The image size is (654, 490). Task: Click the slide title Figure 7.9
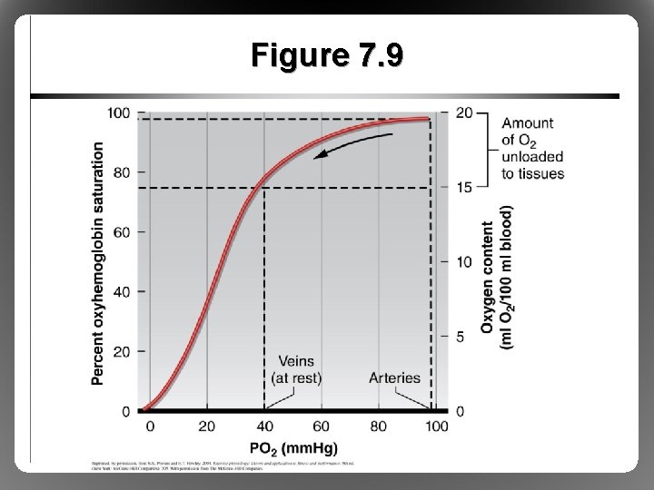(328, 57)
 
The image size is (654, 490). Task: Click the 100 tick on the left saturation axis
(119, 113)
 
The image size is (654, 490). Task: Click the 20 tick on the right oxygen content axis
(463, 113)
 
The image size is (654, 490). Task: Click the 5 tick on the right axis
(461, 337)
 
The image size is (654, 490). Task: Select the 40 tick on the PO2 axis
(264, 426)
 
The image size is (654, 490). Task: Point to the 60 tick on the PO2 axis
(322, 426)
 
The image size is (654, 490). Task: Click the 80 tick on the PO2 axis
(379, 426)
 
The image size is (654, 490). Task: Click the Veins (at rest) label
(296, 368)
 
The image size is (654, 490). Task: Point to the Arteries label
(395, 377)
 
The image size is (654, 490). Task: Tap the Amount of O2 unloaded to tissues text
(532, 148)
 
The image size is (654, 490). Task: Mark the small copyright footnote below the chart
(223, 465)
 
